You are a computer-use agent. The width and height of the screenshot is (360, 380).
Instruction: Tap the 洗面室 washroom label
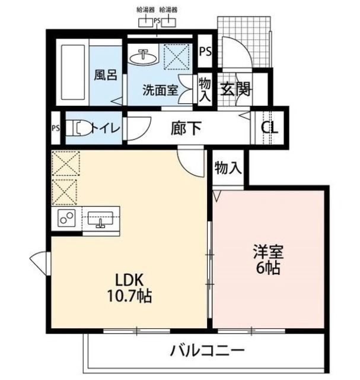click(160, 90)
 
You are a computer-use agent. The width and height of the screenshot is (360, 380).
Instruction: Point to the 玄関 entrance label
click(234, 90)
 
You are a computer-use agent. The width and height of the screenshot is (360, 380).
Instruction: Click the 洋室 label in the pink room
click(268, 252)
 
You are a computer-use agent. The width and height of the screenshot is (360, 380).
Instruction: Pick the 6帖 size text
click(268, 267)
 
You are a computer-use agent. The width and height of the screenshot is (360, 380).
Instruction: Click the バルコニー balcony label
click(207, 350)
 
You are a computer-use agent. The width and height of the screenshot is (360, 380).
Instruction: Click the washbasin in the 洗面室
click(143, 58)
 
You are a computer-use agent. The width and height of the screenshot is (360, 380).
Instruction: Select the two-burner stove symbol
click(66, 218)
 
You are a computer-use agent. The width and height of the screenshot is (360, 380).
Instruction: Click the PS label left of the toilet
click(56, 128)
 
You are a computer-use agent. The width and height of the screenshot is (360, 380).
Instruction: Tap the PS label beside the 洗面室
click(205, 51)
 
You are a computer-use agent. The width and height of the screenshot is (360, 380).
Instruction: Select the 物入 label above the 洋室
click(228, 168)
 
